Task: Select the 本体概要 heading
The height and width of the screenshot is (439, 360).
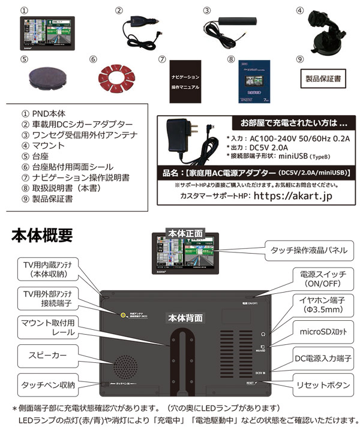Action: click(42, 235)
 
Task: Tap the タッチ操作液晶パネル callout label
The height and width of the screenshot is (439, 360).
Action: click(309, 249)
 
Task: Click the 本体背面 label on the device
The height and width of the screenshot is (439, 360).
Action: click(185, 317)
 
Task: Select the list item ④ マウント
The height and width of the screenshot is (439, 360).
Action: click(41, 145)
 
